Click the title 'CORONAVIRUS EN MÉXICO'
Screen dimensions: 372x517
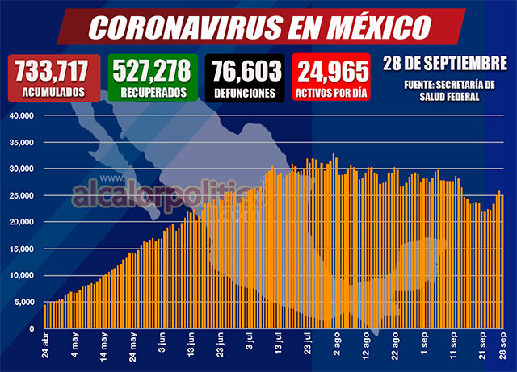pos(258,26)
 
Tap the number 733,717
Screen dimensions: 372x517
pos(49,70)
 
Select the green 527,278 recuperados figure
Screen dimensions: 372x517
pos(153,70)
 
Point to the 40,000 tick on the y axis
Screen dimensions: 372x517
pos(19,115)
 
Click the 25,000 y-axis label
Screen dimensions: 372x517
pos(19,195)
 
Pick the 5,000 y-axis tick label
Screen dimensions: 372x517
pos(21,302)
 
